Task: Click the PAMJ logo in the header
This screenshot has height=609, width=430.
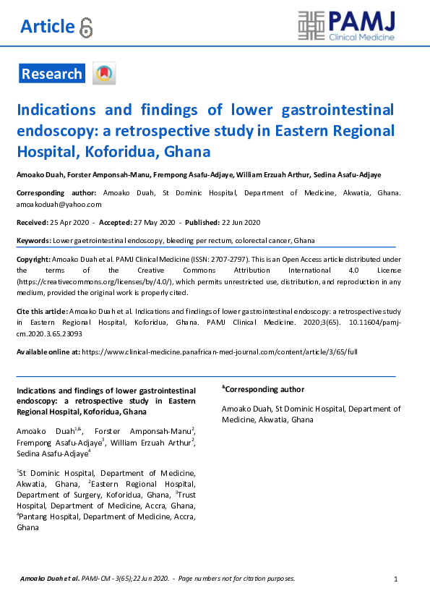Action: pos(347,26)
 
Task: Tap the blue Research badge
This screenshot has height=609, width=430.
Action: pos(51,74)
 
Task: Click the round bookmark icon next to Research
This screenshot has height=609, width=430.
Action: pos(104,74)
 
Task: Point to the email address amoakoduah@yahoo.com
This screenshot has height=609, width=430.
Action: pos(53,205)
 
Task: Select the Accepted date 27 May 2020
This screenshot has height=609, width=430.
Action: pos(154,222)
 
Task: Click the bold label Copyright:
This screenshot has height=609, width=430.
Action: pos(33,258)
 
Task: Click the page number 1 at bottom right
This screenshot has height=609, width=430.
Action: pos(395,579)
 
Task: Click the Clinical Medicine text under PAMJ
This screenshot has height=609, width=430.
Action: pos(361,37)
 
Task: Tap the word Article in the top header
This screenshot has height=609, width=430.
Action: pos(47,27)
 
